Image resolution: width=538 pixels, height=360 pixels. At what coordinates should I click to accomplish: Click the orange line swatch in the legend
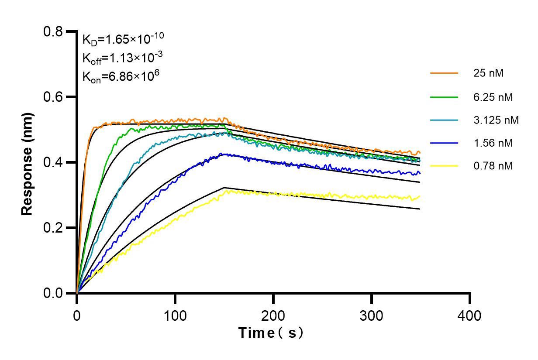[444, 73]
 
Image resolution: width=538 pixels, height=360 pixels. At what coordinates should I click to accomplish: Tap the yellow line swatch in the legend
[444, 166]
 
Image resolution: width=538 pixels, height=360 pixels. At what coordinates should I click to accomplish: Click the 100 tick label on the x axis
[175, 315]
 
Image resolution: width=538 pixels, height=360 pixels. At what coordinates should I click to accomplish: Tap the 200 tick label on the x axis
[273, 315]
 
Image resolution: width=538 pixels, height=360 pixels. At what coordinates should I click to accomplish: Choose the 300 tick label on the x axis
[372, 315]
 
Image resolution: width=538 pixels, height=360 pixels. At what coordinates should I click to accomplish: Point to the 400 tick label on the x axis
[470, 315]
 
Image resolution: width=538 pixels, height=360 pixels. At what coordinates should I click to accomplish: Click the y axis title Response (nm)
[28, 162]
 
